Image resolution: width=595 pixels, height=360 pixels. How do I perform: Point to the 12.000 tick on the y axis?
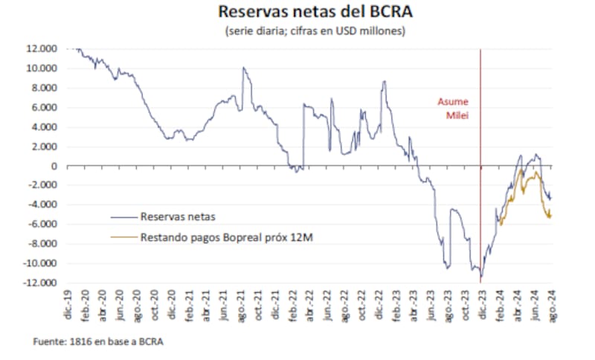pyautogui.click(x=43, y=49)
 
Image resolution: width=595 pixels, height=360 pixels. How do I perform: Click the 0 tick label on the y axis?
pyautogui.click(x=54, y=166)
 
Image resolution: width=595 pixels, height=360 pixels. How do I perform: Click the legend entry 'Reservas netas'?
pyautogui.click(x=178, y=216)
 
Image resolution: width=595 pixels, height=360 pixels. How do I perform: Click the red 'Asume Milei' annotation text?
pyautogui.click(x=453, y=109)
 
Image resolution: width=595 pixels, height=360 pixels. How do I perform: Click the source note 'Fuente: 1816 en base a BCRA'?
pyautogui.click(x=98, y=341)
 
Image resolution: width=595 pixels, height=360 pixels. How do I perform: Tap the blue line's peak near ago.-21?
pyautogui.click(x=243, y=68)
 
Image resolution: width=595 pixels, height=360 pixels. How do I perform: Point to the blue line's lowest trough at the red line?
pyautogui.click(x=481, y=278)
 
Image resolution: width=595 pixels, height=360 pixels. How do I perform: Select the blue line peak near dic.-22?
pyautogui.click(x=384, y=81)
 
